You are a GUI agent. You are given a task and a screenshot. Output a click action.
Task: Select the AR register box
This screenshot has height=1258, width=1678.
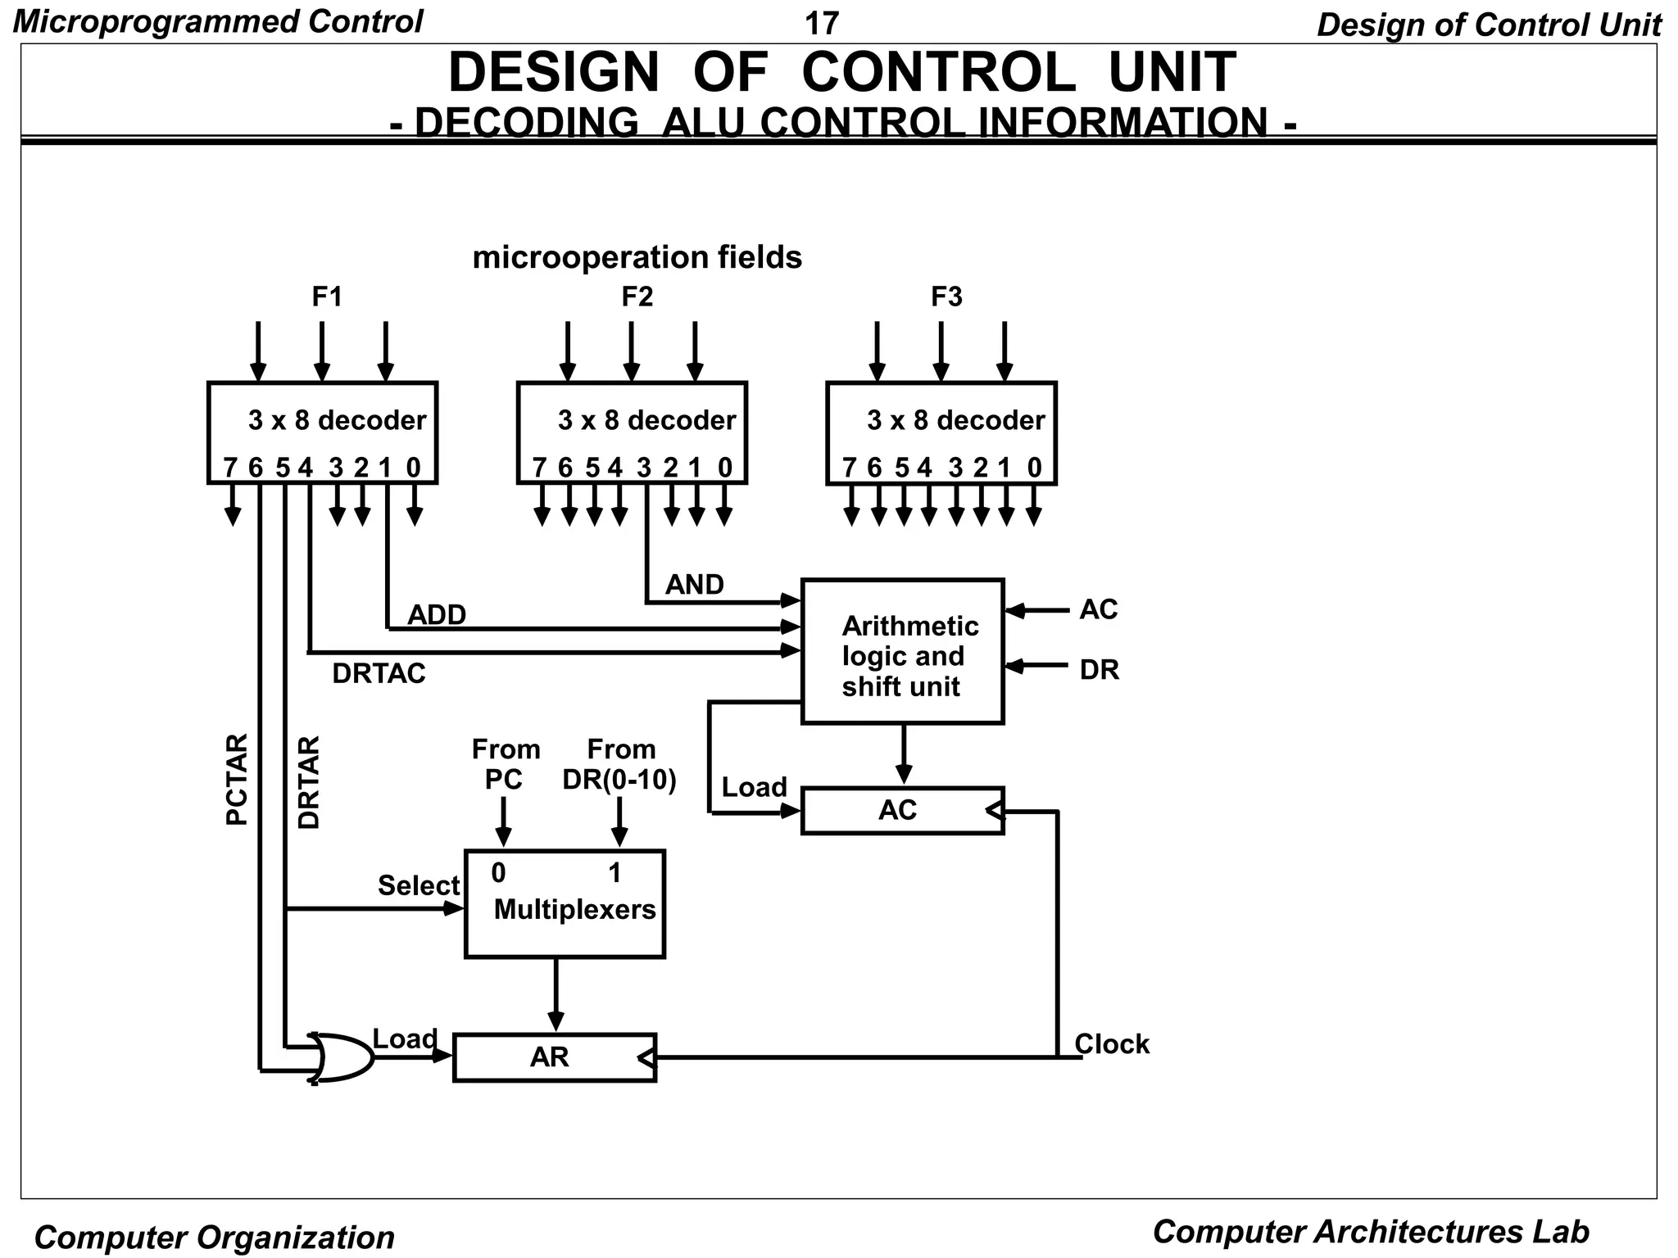[554, 1057]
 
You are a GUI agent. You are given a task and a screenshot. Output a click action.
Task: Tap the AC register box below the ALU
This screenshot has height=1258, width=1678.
[901, 811]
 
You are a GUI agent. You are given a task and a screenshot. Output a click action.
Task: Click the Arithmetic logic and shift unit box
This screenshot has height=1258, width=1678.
[902, 652]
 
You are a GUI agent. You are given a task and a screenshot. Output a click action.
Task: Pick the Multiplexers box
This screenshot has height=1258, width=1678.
[565, 904]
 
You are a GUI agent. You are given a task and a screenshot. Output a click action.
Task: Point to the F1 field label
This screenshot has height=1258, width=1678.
[327, 296]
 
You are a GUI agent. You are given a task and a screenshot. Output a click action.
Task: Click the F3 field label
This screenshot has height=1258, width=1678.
[946, 296]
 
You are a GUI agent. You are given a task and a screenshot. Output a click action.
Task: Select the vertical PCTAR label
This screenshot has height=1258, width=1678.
[236, 780]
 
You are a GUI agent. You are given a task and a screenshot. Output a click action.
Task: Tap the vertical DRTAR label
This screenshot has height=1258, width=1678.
[309, 782]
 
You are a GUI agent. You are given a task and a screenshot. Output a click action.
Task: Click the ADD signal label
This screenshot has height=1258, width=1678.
[437, 615]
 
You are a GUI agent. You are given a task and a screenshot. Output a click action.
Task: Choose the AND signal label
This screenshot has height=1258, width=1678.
[694, 585]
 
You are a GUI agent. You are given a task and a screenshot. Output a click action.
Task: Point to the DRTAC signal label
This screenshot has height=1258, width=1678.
[379, 674]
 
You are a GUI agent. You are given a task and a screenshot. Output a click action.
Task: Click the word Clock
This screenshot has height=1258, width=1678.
[1112, 1044]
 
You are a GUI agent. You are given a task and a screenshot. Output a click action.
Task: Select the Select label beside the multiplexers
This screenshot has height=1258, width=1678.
[419, 885]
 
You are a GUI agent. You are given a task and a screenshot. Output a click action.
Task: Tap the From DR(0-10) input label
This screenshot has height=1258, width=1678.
[619, 765]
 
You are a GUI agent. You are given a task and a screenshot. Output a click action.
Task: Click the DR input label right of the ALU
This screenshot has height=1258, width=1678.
[1099, 670]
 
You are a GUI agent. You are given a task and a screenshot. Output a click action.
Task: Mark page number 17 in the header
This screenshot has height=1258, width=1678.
[822, 24]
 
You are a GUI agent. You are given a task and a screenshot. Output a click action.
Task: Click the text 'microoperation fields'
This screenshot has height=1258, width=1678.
[637, 257]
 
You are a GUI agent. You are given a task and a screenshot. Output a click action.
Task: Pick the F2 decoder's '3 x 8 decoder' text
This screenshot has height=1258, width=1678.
[646, 420]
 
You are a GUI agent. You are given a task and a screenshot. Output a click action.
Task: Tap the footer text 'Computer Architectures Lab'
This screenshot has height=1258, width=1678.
[1370, 1232]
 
